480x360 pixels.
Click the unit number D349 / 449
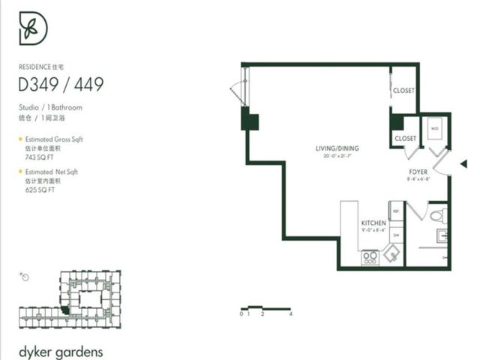pyautogui.click(x=61, y=84)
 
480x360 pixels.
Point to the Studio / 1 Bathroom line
pyautogui.click(x=51, y=107)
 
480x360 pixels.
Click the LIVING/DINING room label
pyautogui.click(x=335, y=148)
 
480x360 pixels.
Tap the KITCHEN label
pyautogui.click(x=373, y=223)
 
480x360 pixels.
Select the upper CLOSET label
pyautogui.click(x=403, y=91)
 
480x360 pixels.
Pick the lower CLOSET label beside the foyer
pyautogui.click(x=405, y=139)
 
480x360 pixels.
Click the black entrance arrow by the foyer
pyautogui.click(x=463, y=163)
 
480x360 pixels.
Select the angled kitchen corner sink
pyautogui.click(x=392, y=256)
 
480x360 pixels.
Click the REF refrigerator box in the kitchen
pyautogui.click(x=396, y=212)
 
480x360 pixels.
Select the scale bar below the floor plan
pyautogui.click(x=265, y=307)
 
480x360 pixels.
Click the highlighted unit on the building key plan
pyautogui.click(x=66, y=310)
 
